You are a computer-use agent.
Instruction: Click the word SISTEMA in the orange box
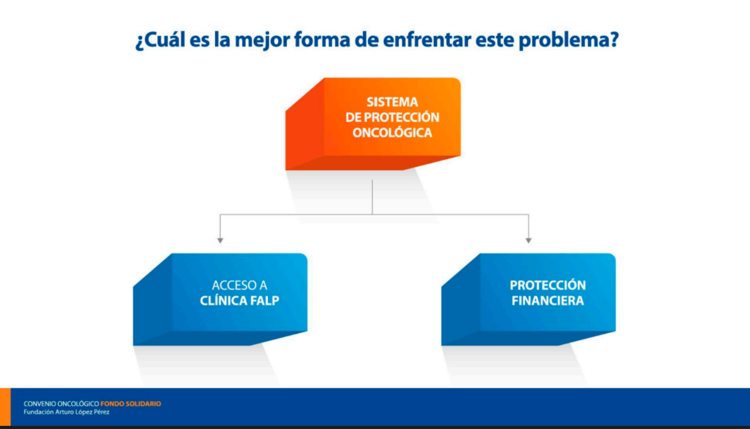point(392,102)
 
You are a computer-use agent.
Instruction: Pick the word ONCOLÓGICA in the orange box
point(392,132)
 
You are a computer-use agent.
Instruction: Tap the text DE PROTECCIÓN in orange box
point(392,117)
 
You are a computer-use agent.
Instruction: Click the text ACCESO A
point(239,285)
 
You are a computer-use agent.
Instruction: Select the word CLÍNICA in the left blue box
point(223,301)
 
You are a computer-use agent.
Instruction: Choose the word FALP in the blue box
point(265,301)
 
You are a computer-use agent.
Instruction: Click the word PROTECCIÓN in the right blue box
point(548,285)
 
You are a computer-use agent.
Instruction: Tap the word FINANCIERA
point(548,301)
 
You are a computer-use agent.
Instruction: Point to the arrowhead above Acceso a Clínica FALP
point(220,240)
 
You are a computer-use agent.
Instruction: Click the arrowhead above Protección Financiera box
point(529,240)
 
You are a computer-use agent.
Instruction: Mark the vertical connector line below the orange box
point(372,197)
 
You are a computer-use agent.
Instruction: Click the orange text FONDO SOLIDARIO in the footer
point(130,404)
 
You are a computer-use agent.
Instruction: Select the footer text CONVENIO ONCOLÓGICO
point(61,404)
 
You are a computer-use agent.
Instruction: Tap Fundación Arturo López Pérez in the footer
point(66,412)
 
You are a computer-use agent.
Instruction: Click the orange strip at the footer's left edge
point(5,407)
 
